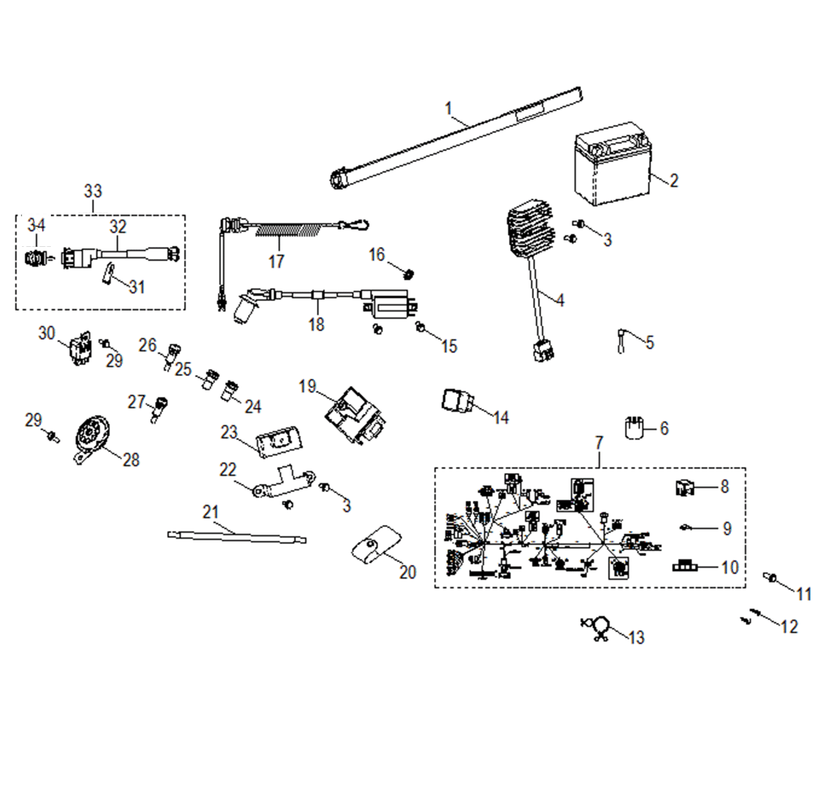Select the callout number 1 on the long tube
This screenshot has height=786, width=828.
tap(448, 108)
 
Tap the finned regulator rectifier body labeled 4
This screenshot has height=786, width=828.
tap(530, 231)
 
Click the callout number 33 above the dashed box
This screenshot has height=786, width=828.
tap(93, 191)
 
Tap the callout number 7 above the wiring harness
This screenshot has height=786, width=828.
tap(599, 443)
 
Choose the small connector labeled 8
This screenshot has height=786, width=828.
tap(684, 487)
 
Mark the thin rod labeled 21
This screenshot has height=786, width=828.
tap(237, 537)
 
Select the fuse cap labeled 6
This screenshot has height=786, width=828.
tap(634, 427)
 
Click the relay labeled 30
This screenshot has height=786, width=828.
tap(80, 347)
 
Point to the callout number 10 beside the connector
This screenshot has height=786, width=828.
tap(730, 567)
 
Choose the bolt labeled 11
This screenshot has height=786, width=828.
tap(770, 577)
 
